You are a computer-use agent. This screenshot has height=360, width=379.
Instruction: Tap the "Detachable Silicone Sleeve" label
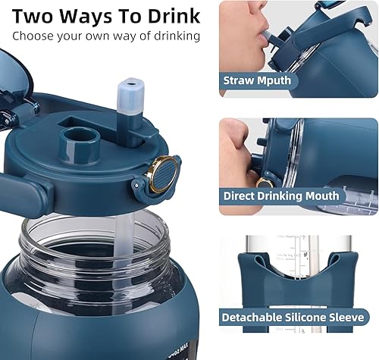(x=292, y=317)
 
